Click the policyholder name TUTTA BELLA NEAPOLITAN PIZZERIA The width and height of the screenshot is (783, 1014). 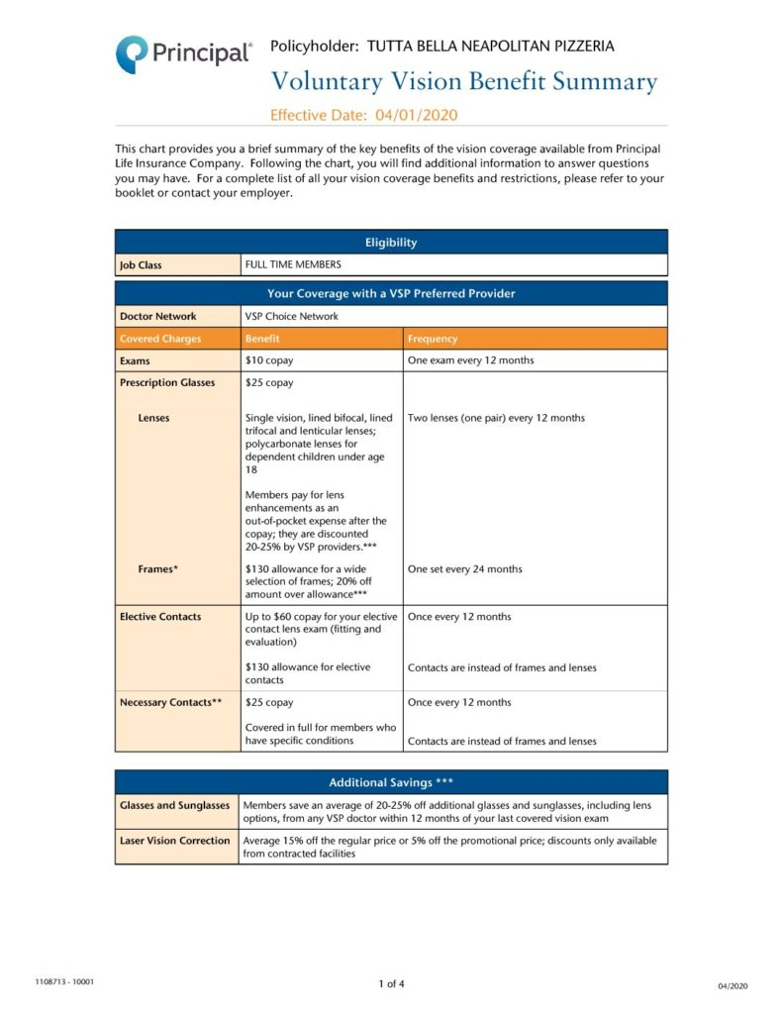pos(490,46)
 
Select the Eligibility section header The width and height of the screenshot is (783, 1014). pos(391,243)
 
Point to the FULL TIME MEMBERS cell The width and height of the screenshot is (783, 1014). pos(293,264)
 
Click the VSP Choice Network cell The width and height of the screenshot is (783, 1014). pos(291,316)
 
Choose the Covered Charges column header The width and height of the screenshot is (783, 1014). pos(160,339)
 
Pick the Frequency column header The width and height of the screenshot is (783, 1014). pos(433,339)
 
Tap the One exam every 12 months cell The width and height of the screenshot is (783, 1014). pos(470,360)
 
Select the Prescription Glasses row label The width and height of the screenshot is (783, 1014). pos(167,382)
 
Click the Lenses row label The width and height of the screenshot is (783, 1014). pos(153,418)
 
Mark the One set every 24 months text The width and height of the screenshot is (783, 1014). pos(465,569)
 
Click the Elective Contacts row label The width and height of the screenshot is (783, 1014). pos(160,617)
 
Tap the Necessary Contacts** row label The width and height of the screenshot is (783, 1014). pos(170,702)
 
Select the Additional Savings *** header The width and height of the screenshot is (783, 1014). pos(391,782)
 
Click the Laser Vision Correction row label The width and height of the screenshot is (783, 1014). pos(175,841)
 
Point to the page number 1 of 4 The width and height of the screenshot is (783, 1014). pos(391,983)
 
